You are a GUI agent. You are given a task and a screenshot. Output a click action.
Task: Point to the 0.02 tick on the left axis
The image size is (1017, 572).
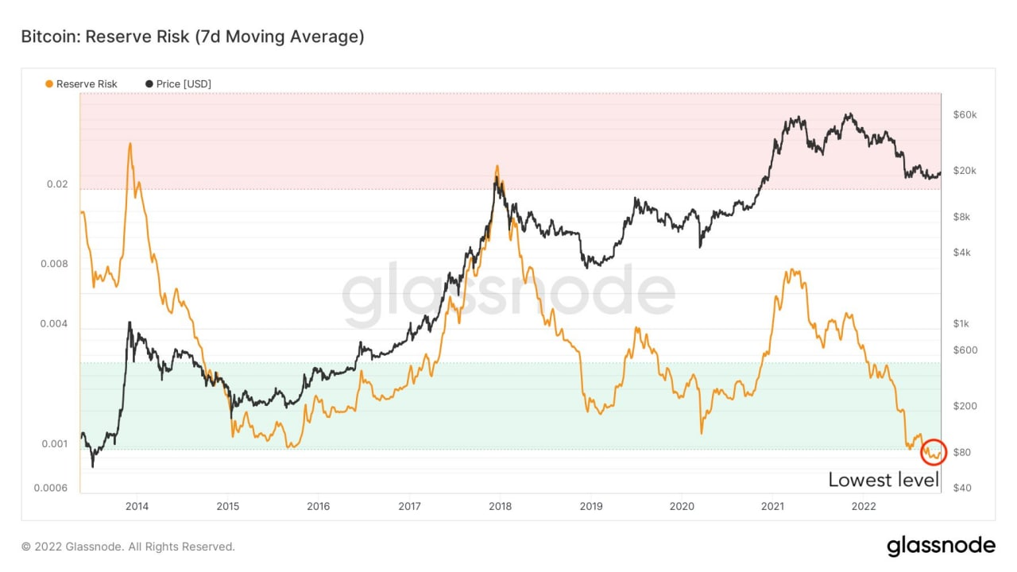(57, 184)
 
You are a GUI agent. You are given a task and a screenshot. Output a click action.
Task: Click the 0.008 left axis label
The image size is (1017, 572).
(54, 264)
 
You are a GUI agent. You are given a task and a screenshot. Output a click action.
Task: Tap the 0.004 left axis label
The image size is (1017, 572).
(54, 324)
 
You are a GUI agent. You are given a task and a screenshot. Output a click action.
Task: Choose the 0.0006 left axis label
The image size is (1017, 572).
(52, 488)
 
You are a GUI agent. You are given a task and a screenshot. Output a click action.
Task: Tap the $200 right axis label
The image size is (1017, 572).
(964, 406)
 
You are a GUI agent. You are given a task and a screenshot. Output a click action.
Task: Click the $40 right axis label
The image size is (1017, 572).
(961, 488)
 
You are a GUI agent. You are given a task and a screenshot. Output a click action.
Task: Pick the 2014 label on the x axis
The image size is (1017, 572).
(137, 506)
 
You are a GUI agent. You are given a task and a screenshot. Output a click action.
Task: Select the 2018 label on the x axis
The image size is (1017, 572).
(500, 506)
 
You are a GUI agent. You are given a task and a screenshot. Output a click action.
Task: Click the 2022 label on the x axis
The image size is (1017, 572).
(864, 506)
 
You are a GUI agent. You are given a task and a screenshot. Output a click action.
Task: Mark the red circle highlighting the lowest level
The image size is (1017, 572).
(934, 452)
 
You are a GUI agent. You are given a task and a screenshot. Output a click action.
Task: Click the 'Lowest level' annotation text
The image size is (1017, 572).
(884, 480)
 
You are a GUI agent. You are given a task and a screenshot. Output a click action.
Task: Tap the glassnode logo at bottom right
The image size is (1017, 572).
(941, 546)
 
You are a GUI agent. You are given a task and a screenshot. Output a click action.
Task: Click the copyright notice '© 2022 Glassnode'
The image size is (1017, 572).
(128, 547)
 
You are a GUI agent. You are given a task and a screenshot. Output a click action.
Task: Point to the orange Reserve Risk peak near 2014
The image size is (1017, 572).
(130, 145)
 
